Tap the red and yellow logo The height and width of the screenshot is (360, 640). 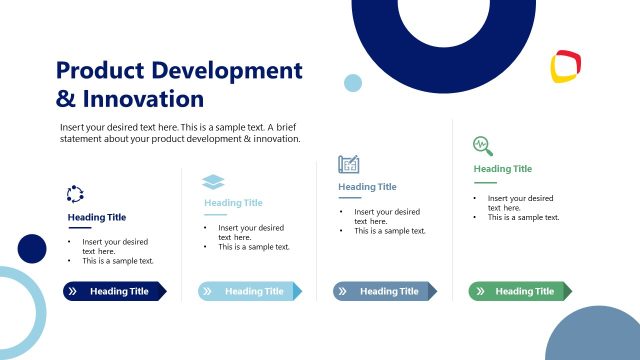tap(566, 67)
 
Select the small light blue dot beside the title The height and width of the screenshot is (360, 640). tap(353, 83)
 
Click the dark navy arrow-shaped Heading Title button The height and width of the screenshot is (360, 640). tap(114, 291)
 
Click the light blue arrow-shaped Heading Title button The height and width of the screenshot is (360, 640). tap(249, 291)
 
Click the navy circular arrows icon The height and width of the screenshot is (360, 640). tap(75, 194)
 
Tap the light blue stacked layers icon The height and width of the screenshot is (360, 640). tap(213, 181)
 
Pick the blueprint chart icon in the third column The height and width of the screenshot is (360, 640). tap(348, 164)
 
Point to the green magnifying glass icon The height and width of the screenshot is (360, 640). tap(482, 145)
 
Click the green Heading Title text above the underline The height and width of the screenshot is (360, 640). tap(502, 169)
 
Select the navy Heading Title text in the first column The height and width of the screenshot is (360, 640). tap(97, 217)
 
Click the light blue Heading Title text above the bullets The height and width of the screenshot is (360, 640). tap(233, 203)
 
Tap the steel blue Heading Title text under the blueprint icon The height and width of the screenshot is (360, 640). tap(367, 186)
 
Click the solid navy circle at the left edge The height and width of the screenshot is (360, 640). tap(32, 248)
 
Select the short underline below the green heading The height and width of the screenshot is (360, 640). tap(484, 182)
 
